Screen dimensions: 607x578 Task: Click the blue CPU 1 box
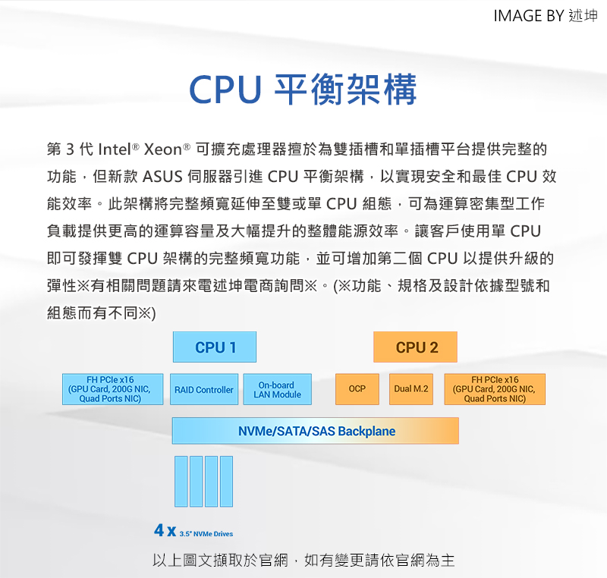pyautogui.click(x=215, y=347)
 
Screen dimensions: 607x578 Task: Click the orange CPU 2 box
pyautogui.click(x=415, y=347)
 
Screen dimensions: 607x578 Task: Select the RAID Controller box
pyautogui.click(x=204, y=389)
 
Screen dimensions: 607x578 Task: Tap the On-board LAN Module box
pyautogui.click(x=277, y=389)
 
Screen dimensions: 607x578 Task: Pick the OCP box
pyautogui.click(x=357, y=389)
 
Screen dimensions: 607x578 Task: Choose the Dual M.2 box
pyautogui.click(x=411, y=389)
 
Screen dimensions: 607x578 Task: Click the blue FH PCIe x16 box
pyautogui.click(x=112, y=389)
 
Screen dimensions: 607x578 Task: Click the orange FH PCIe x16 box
pyautogui.click(x=495, y=389)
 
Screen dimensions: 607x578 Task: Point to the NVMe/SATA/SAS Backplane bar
pyautogui.click(x=316, y=431)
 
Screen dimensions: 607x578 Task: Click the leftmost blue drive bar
pyautogui.click(x=181, y=481)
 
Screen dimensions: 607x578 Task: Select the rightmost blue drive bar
pyautogui.click(x=226, y=481)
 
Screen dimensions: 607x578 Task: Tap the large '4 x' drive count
pyautogui.click(x=165, y=530)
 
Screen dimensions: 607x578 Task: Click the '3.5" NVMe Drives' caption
pyautogui.click(x=206, y=534)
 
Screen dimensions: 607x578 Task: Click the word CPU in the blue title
pyautogui.click(x=225, y=90)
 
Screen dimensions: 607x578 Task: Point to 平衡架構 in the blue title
pyautogui.click(x=345, y=90)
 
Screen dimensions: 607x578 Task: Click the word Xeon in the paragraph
pyautogui.click(x=162, y=149)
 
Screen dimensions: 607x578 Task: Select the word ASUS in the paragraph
pyautogui.click(x=162, y=177)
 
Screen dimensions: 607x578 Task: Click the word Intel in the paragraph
pyautogui.click(x=115, y=149)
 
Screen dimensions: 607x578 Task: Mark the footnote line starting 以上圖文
pyautogui.click(x=303, y=561)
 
